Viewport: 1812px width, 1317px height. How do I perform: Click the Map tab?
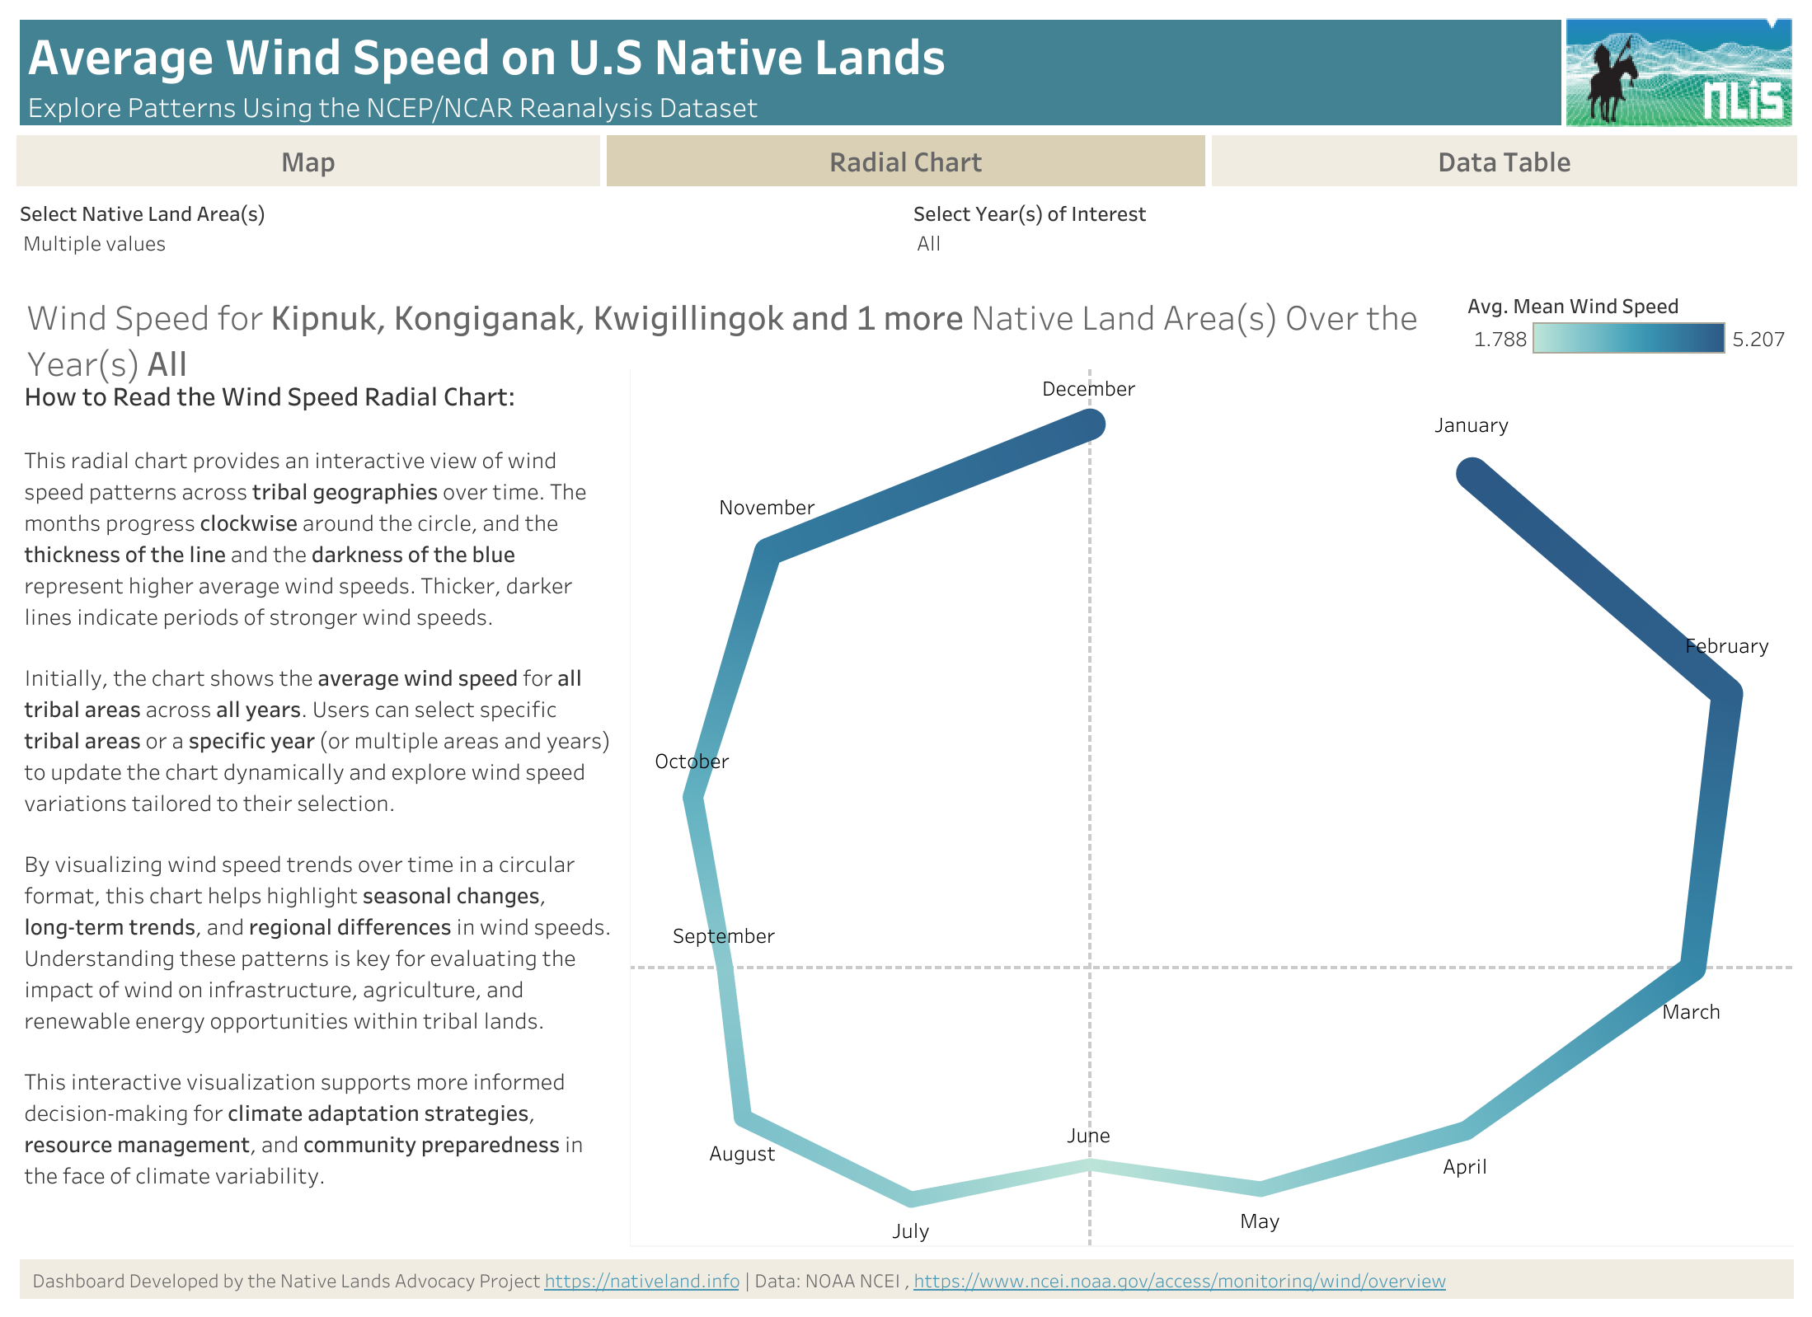307,162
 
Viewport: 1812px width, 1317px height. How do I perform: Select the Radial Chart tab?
905,162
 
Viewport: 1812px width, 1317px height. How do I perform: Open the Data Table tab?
1504,162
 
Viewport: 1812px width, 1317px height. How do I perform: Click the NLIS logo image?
1678,73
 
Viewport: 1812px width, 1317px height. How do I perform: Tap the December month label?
1088,389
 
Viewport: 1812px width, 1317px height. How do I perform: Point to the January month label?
1471,425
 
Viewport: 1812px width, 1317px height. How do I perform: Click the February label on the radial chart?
1726,646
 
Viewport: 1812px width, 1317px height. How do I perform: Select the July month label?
910,1231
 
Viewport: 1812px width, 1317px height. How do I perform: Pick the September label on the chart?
723,936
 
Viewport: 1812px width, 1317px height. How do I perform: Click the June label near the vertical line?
1088,1136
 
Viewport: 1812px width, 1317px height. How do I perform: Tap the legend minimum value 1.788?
1500,340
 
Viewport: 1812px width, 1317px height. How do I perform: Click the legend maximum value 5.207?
1758,340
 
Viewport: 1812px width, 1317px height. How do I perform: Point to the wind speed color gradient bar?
1628,339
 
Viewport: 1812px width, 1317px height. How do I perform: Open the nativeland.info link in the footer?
641,1281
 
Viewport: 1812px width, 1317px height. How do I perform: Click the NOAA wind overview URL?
1179,1281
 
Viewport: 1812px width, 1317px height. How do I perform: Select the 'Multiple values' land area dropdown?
95,244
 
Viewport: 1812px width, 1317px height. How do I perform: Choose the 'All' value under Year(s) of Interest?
928,244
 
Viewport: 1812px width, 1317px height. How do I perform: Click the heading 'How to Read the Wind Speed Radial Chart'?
270,397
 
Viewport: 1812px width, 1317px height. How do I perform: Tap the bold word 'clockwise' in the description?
248,523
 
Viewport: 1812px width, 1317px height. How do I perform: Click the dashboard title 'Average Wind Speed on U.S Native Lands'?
486,58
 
